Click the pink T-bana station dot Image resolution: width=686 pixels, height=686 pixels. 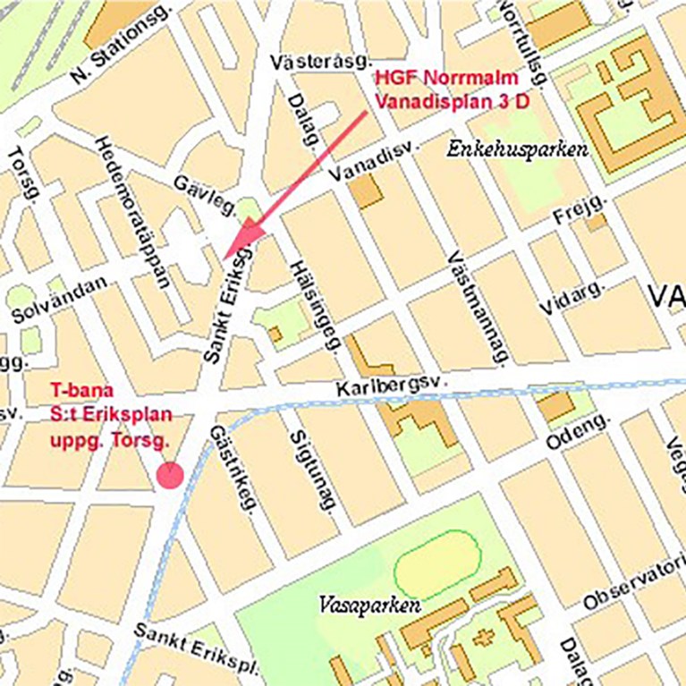pyautogui.click(x=169, y=475)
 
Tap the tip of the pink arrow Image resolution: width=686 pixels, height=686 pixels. pyautogui.click(x=225, y=257)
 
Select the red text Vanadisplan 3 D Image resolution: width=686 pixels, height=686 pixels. pyautogui.click(x=452, y=101)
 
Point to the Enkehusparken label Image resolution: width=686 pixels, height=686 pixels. pyautogui.click(x=517, y=149)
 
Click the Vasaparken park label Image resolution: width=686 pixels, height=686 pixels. pyautogui.click(x=369, y=606)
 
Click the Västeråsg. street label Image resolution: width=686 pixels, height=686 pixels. pyautogui.click(x=321, y=62)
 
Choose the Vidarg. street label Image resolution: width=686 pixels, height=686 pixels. pyautogui.click(x=572, y=296)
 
